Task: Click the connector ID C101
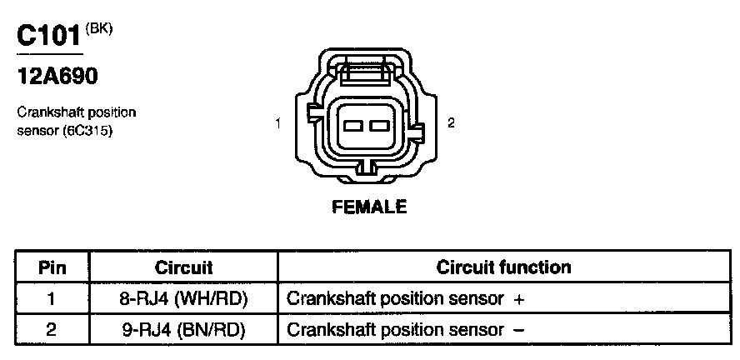point(49,37)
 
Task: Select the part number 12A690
point(57,77)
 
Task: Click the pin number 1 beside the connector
point(277,123)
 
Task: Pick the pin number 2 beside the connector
point(451,122)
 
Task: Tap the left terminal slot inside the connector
point(353,126)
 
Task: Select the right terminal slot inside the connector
point(380,126)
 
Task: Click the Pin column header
point(52,267)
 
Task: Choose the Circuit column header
point(183,267)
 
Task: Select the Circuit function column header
point(504,267)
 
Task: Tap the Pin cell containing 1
point(52,298)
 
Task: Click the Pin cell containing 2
point(52,329)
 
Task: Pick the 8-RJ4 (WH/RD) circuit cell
point(183,298)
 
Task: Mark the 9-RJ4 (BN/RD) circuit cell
point(183,329)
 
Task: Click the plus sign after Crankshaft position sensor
point(519,298)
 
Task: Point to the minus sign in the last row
point(519,330)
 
